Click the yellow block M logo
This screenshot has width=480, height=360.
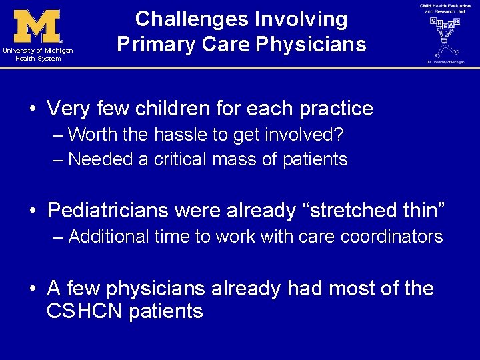pyautogui.click(x=37, y=27)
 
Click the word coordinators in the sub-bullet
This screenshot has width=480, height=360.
pyautogui.click(x=393, y=237)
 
